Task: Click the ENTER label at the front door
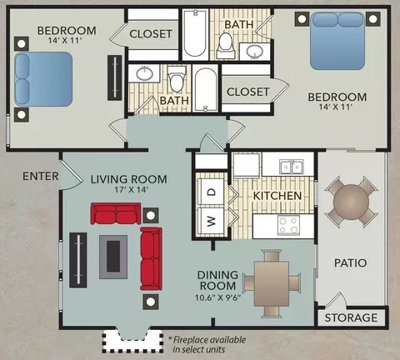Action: click(x=41, y=176)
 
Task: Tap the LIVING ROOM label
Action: click(x=129, y=179)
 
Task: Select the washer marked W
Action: click(x=211, y=221)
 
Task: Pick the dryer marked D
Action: click(x=211, y=192)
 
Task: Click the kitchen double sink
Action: click(x=292, y=167)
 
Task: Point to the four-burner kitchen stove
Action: click(x=289, y=225)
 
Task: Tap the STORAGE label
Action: click(x=351, y=317)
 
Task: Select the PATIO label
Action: click(x=351, y=262)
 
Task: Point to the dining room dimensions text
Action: click(x=217, y=297)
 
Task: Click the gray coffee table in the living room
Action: click(x=113, y=257)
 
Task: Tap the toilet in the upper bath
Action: click(x=225, y=46)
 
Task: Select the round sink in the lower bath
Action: click(x=144, y=73)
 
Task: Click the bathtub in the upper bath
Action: click(x=195, y=33)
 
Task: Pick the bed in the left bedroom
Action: click(x=43, y=79)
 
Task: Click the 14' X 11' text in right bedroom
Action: click(x=336, y=107)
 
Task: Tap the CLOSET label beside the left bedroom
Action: click(x=151, y=34)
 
